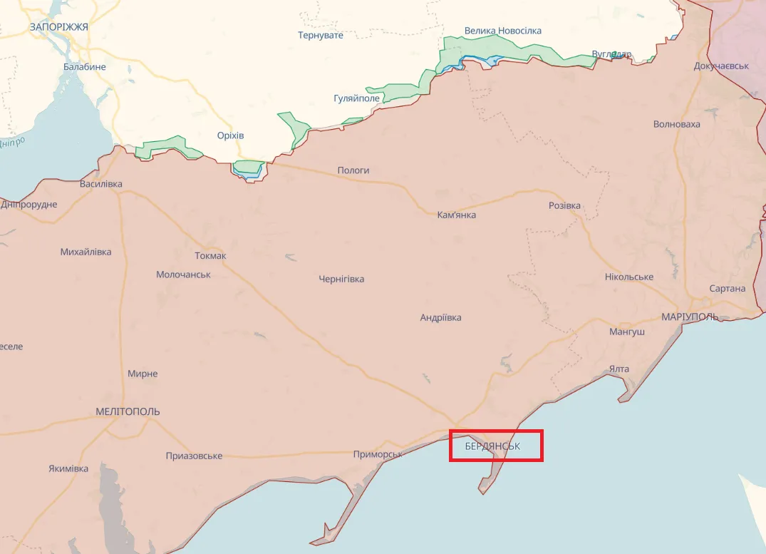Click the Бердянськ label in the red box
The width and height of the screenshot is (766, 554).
[492, 446]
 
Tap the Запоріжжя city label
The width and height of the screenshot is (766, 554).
[59, 26]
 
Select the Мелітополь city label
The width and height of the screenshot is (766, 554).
[128, 411]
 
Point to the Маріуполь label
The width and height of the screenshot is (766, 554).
[690, 317]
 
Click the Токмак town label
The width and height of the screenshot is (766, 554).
[210, 255]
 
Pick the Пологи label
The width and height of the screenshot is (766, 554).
[353, 170]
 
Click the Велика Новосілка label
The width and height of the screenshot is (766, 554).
[503, 31]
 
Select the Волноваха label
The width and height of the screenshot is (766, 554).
[677, 124]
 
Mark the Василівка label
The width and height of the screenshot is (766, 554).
[101, 184]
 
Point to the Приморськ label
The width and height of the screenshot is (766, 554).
[378, 454]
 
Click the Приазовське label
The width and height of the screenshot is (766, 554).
[194, 456]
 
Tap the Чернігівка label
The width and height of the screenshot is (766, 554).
[341, 279]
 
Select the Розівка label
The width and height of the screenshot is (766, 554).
[564, 205]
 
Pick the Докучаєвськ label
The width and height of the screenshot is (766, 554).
[722, 66]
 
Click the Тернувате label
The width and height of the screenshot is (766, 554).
[321, 35]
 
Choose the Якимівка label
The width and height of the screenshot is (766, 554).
[68, 468]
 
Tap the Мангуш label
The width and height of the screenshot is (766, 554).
[627, 332]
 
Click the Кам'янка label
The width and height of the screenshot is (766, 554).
[457, 215]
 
